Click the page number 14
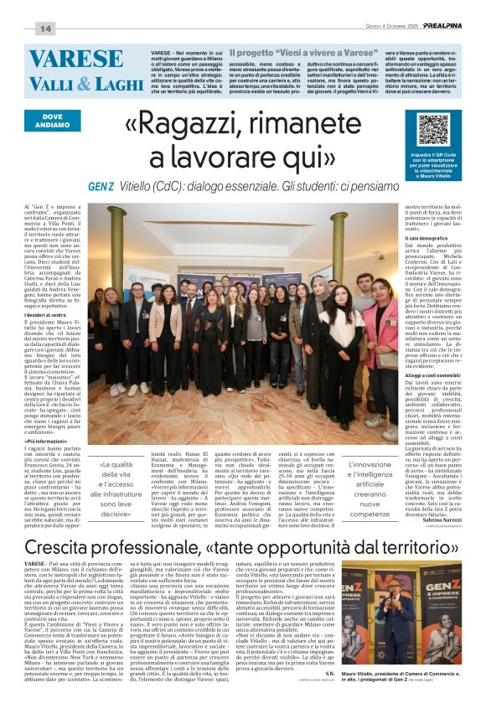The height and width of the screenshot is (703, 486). [44, 29]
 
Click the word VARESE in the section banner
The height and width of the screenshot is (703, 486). [76, 58]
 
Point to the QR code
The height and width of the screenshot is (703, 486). [434, 130]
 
